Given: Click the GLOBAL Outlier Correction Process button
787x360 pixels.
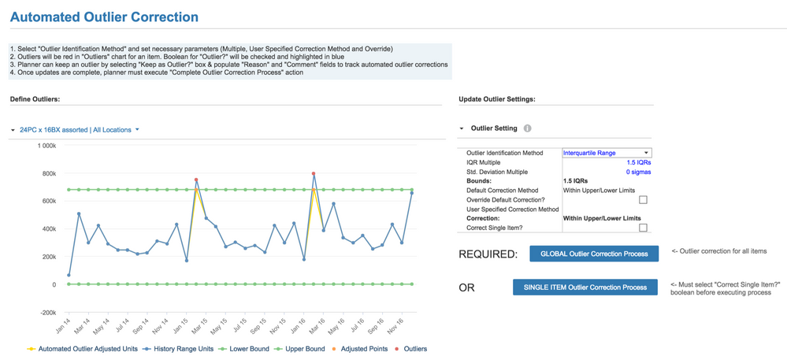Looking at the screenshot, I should pyautogui.click(x=594, y=254).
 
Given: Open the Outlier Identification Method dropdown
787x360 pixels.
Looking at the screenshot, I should pyautogui.click(x=607, y=153).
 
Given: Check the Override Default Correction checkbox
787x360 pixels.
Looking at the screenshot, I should pyautogui.click(x=643, y=200).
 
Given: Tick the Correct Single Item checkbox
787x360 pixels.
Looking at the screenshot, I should pyautogui.click(x=643, y=228).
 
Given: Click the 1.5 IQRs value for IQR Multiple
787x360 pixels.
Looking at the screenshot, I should pyautogui.click(x=638, y=162).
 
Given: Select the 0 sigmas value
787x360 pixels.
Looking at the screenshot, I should pyautogui.click(x=638, y=172).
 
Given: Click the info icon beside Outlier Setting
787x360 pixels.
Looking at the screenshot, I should pyautogui.click(x=528, y=128).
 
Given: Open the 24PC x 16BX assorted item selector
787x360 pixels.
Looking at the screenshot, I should pyautogui.click(x=75, y=130).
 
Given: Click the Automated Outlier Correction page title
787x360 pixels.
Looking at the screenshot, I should pyautogui.click(x=104, y=17).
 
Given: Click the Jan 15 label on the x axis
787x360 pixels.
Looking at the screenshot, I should pyautogui.click(x=180, y=324).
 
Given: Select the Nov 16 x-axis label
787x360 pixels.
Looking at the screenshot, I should pyautogui.click(x=395, y=324).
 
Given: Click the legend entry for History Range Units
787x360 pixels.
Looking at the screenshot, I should pyautogui.click(x=184, y=349).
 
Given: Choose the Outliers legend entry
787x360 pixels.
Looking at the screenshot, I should pyautogui.click(x=414, y=349).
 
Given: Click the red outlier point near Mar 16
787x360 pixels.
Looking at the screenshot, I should pyautogui.click(x=314, y=173).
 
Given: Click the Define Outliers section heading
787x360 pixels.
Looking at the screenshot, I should pyautogui.click(x=35, y=99).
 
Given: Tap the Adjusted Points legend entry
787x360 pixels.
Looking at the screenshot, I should pyautogui.click(x=363, y=349).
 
